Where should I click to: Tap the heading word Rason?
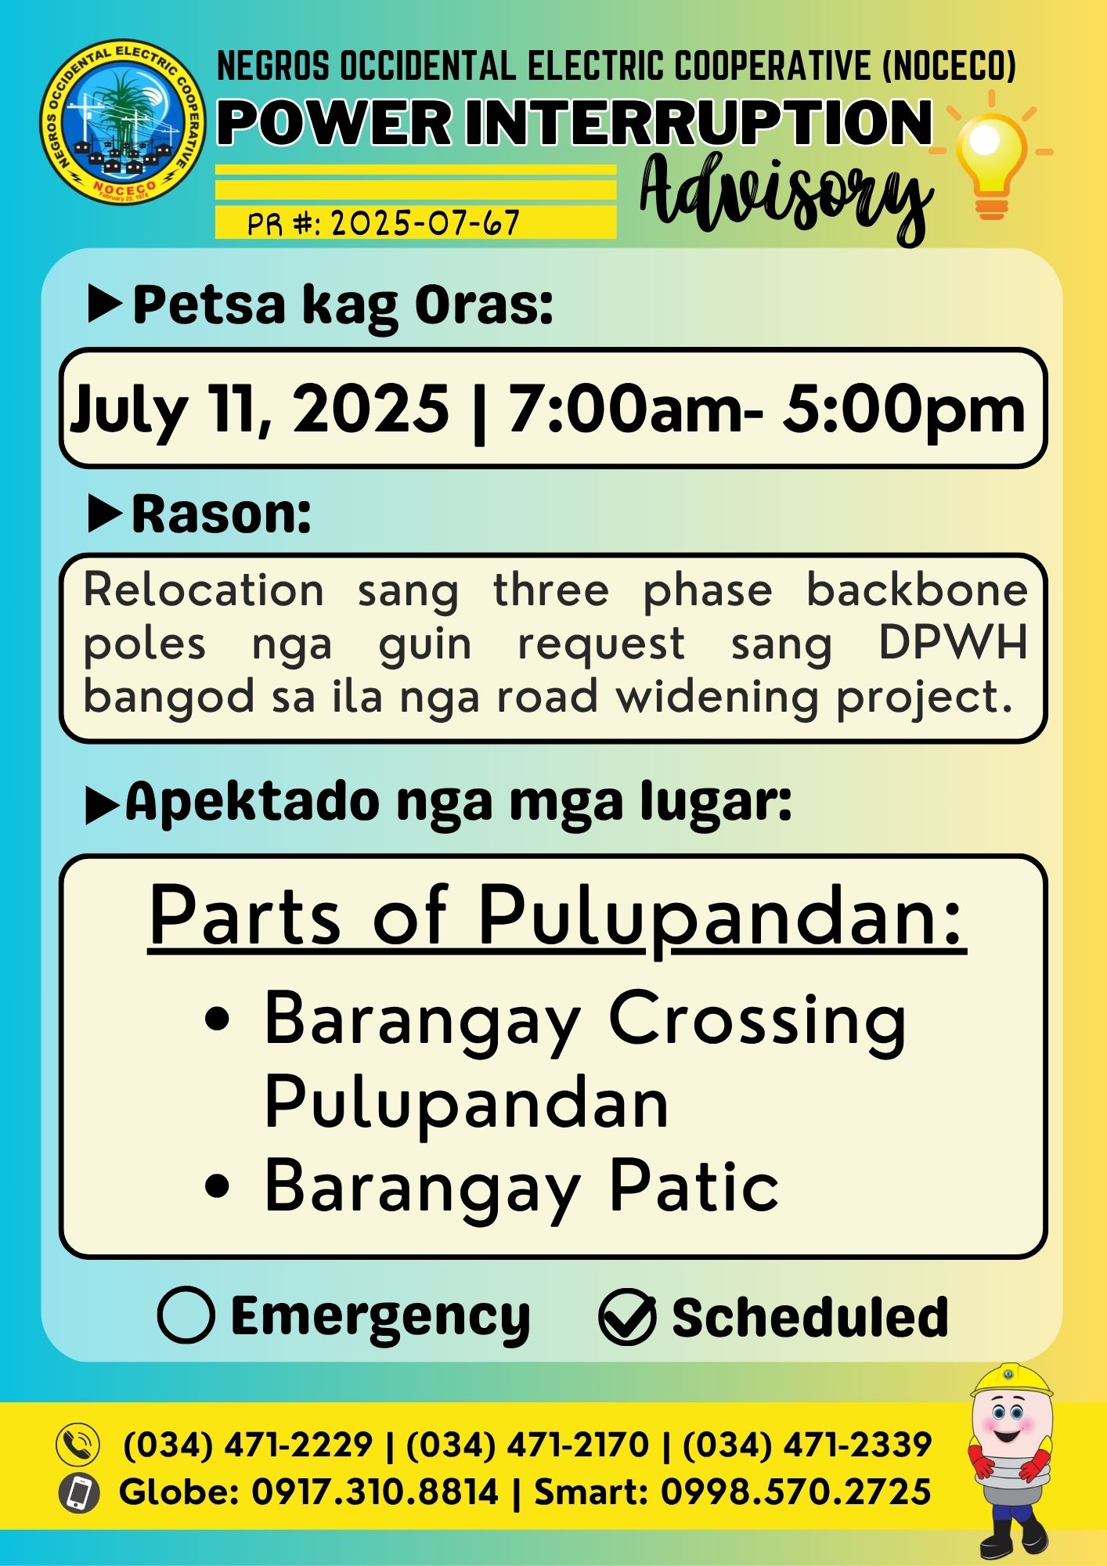[x=222, y=514]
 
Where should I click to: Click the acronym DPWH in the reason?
[x=953, y=644]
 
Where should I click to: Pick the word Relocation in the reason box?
[x=204, y=590]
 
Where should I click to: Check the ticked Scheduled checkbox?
[x=627, y=1316]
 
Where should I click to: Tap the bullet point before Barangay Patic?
[x=217, y=1186]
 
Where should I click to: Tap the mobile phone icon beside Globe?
[x=78, y=1492]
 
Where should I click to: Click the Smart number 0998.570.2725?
[x=796, y=1492]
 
